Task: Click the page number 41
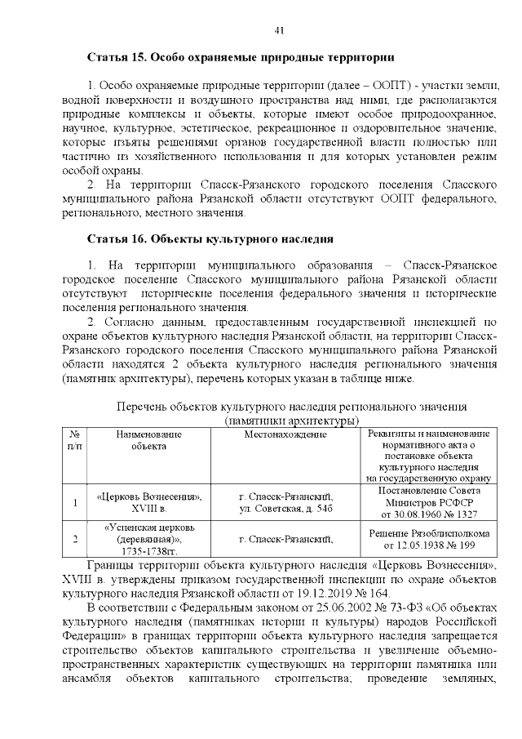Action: (x=278, y=30)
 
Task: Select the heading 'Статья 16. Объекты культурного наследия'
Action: (x=210, y=239)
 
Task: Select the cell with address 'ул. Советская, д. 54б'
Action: (x=285, y=509)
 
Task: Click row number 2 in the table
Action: (x=75, y=539)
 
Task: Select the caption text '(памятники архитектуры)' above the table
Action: (x=292, y=420)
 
